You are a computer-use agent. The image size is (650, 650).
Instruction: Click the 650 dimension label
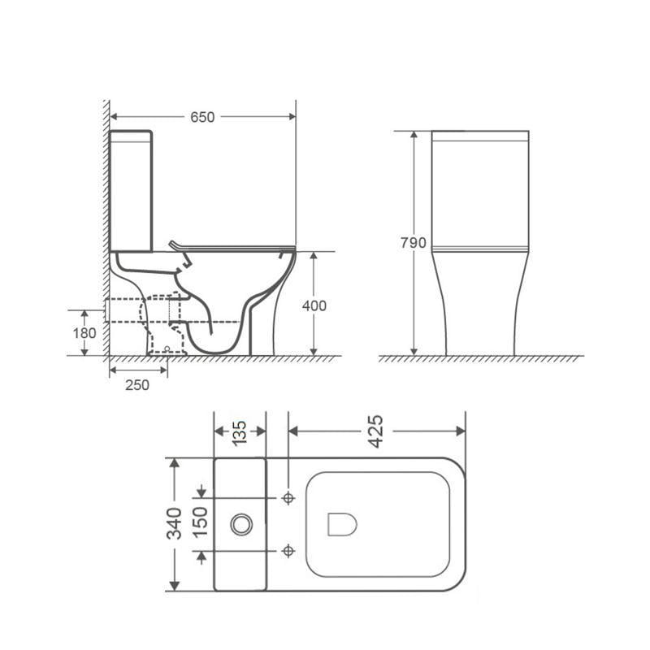point(202,117)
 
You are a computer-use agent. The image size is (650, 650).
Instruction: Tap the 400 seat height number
point(314,305)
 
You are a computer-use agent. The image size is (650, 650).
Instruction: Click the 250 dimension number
point(137,385)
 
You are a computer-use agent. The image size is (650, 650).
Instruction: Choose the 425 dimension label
point(376,431)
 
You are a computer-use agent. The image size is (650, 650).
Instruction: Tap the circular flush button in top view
point(240,524)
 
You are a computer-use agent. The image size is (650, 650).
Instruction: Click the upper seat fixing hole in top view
point(288,497)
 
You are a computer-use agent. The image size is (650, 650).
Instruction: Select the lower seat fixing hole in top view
point(288,552)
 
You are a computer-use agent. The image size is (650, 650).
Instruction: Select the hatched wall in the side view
point(106,227)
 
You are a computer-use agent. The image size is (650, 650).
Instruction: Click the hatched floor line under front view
point(480,358)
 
